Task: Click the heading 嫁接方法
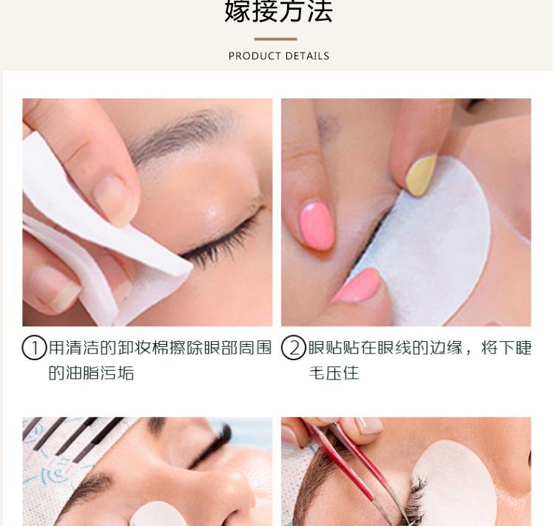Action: (x=278, y=11)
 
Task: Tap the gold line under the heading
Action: (x=275, y=39)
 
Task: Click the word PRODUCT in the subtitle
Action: (x=255, y=56)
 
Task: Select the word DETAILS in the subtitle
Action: (x=307, y=56)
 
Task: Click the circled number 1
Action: (x=34, y=348)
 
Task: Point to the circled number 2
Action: (x=294, y=348)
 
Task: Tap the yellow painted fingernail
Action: (x=421, y=175)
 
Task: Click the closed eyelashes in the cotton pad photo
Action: (x=220, y=244)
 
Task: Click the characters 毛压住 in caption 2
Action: (x=334, y=373)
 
